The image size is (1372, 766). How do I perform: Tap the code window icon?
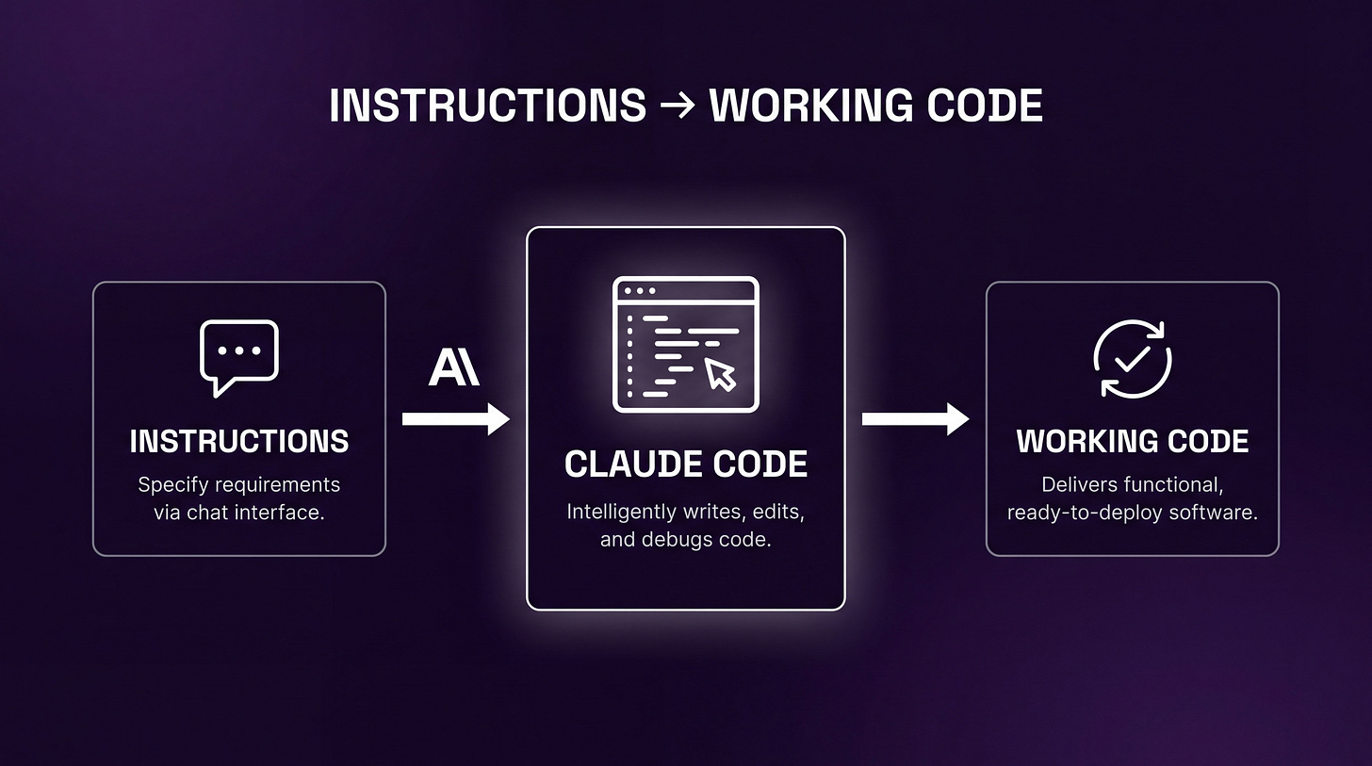click(x=685, y=344)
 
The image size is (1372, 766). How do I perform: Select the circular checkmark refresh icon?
click(x=1132, y=358)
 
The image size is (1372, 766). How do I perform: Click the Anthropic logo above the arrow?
click(x=454, y=367)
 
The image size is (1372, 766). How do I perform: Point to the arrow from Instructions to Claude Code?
click(x=455, y=419)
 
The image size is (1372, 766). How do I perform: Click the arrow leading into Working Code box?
click(x=915, y=419)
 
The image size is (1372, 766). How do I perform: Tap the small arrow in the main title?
click(x=678, y=106)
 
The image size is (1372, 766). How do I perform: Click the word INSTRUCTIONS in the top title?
click(x=487, y=106)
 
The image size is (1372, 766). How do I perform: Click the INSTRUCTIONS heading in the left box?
click(x=239, y=441)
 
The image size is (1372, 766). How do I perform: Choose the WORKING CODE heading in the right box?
click(x=1132, y=441)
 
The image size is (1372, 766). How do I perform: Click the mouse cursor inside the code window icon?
click(x=721, y=374)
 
